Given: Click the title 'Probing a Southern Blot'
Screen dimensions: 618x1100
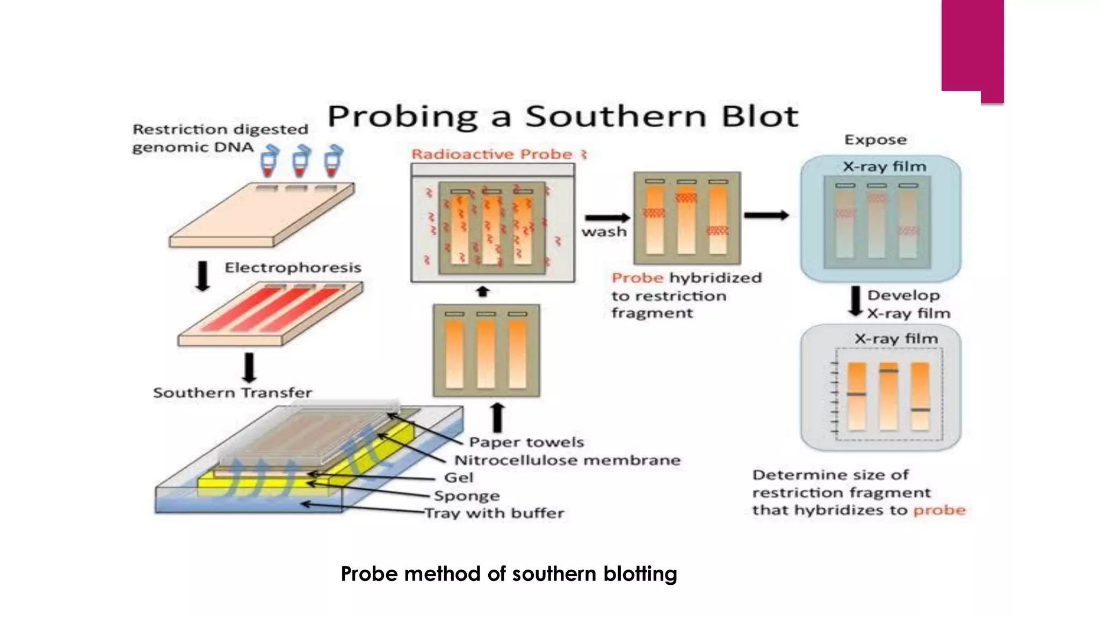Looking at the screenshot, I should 563,116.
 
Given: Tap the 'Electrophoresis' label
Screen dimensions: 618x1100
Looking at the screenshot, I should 293,268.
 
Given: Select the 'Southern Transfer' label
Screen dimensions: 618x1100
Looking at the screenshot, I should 233,393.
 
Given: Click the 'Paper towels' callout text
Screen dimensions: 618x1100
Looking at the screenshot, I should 526,442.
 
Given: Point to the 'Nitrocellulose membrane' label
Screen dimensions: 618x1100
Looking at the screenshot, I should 567,460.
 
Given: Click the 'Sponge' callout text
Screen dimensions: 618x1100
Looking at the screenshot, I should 467,496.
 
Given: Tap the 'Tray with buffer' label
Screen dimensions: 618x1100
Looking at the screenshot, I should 495,513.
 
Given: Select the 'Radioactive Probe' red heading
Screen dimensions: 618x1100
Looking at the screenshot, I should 492,154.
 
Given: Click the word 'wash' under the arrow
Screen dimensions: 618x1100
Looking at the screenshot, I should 604,232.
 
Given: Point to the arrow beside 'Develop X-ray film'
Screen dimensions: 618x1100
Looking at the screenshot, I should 855,301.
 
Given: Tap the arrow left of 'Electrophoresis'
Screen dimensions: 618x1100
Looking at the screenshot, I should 202,276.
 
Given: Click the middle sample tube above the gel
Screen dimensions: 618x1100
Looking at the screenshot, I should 301,161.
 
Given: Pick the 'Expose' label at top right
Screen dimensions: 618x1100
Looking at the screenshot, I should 875,140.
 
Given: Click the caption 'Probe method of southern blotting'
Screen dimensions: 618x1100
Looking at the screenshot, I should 509,574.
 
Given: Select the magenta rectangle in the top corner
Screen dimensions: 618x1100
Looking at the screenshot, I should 972,48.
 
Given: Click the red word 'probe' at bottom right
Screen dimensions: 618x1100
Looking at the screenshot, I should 939,510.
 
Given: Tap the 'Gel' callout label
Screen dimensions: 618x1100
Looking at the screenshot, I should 459,477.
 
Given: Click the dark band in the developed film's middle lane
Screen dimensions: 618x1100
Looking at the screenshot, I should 888,371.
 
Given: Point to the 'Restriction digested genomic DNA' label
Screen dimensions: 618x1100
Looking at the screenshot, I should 220,138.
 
